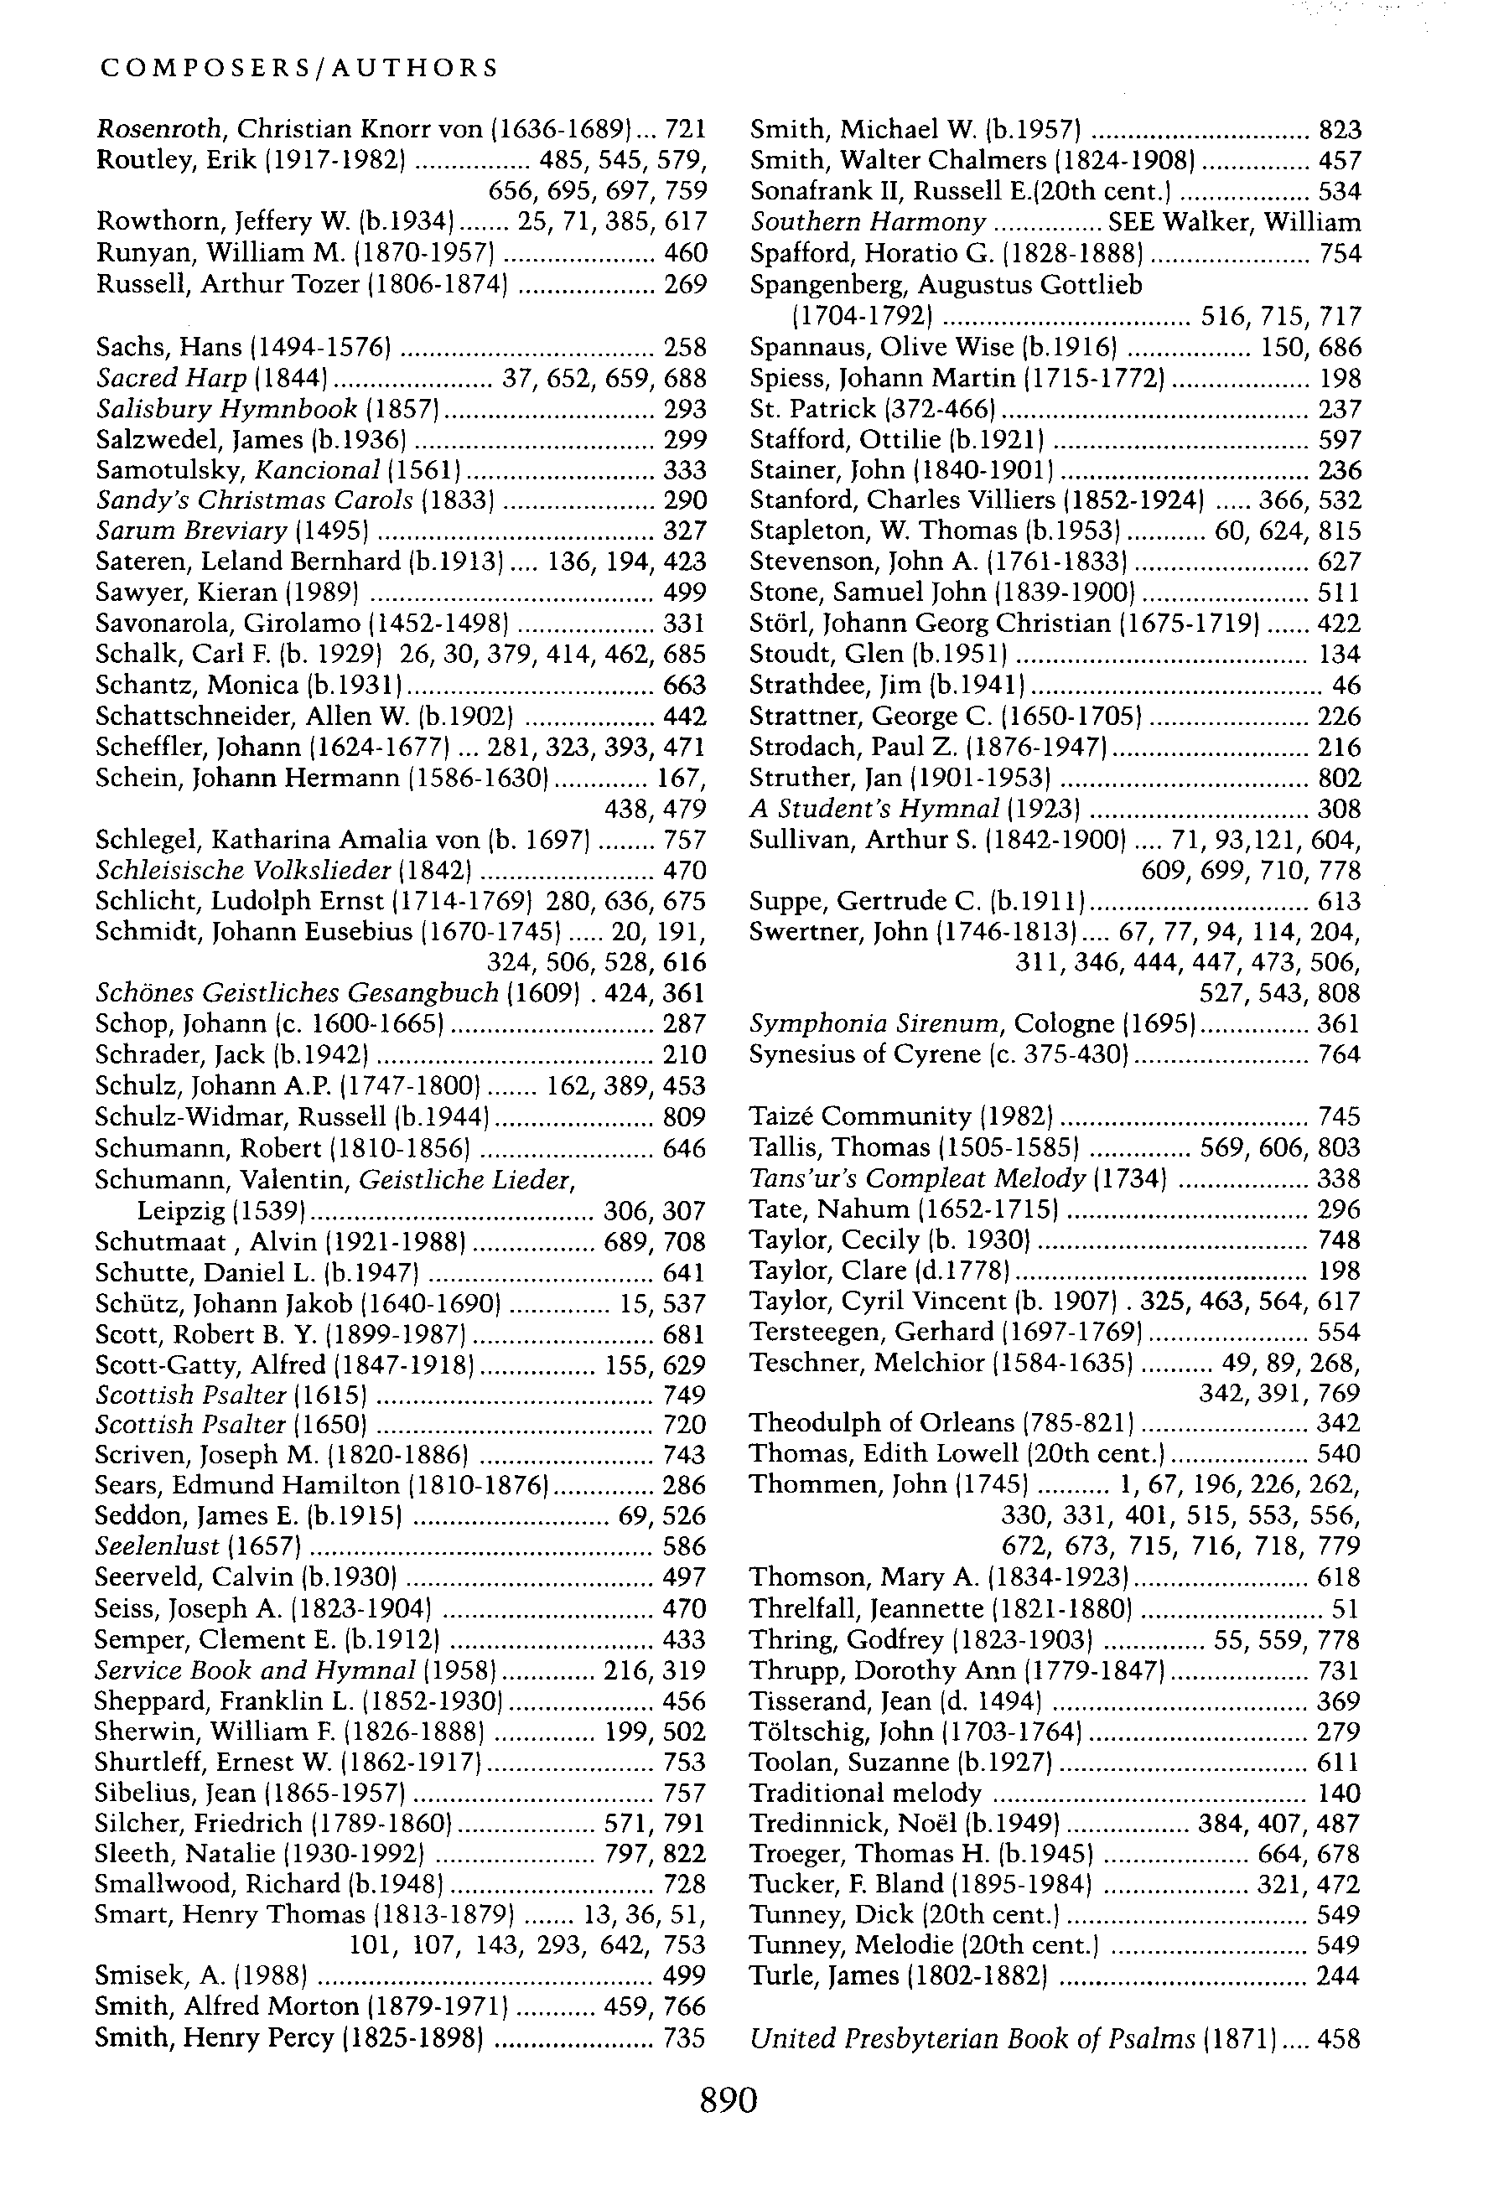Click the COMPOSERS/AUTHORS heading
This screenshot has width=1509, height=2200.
tap(299, 68)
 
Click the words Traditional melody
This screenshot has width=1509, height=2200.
tap(865, 1793)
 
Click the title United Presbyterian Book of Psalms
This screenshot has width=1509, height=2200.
tap(972, 2038)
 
